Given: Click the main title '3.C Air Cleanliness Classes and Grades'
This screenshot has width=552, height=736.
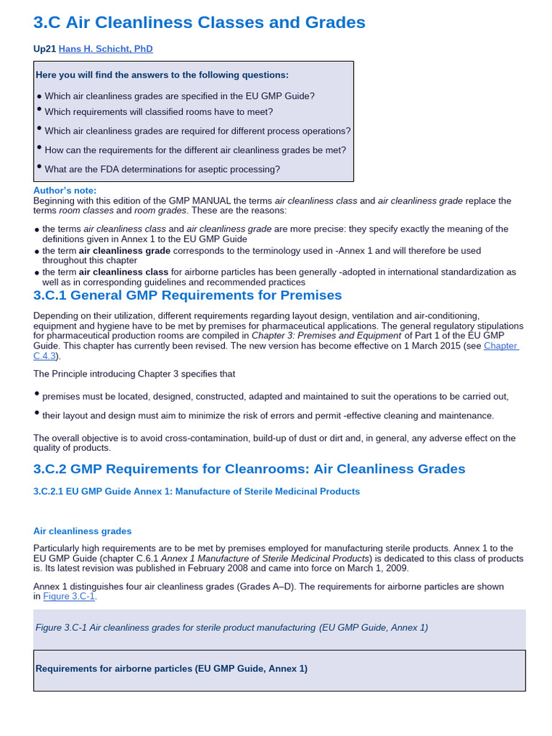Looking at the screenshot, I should pos(199,22).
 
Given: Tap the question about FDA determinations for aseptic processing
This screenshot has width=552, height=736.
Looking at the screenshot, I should pos(162,170).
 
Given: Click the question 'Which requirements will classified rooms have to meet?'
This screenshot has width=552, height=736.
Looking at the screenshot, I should pos(158,111).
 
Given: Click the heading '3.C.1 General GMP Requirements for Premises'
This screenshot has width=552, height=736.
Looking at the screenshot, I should pos(188,295).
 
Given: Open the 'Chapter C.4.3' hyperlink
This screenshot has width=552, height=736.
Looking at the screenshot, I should pos(501,346).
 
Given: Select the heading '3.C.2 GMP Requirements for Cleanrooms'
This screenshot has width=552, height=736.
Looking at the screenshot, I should pos(249,469).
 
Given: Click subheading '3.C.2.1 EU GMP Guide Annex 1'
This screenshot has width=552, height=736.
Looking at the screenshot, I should pos(196,492).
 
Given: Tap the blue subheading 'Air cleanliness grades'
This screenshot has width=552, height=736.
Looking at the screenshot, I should pos(83,531).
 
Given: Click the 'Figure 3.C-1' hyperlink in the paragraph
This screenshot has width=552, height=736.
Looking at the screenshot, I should pos(69,597).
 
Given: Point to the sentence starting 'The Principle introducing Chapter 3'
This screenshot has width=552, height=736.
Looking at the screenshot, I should pos(134,374).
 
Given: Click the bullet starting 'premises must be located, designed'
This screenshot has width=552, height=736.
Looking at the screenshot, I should pos(275,396).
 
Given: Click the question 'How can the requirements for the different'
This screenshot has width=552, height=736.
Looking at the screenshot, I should pos(195,150).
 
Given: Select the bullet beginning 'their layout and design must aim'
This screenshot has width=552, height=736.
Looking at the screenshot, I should pos(268,415).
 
